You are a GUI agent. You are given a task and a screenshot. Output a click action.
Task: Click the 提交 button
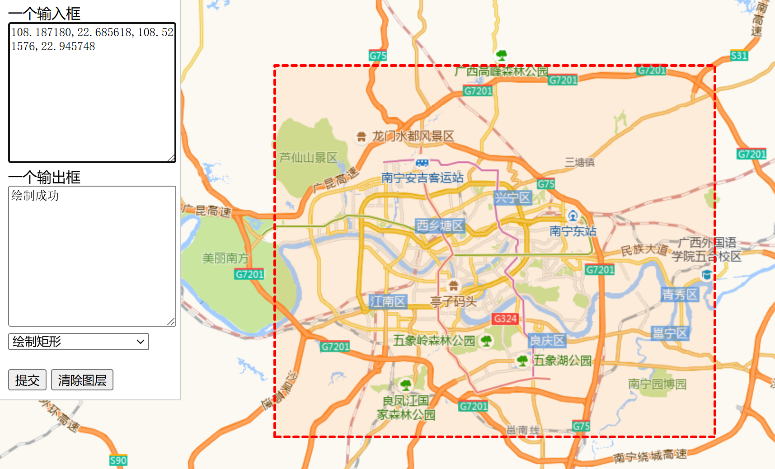tap(27, 380)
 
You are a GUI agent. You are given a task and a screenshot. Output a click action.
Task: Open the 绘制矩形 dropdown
tap(79, 342)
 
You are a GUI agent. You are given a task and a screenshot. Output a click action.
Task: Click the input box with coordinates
tap(92, 93)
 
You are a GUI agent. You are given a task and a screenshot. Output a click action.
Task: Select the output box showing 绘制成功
tap(92, 256)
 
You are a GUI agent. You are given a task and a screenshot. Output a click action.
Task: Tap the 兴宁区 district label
tap(512, 197)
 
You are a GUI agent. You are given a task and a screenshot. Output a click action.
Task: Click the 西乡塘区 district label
tap(440, 225)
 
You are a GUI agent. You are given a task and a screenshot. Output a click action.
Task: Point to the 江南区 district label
tap(388, 301)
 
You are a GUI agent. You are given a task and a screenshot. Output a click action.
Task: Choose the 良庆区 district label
tap(547, 340)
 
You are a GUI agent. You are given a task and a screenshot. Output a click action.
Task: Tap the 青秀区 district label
tap(680, 295)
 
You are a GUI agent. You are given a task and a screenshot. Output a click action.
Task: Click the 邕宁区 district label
tap(670, 333)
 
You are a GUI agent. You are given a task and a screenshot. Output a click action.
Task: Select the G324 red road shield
tap(505, 319)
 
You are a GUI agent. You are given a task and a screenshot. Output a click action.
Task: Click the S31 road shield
tap(739, 56)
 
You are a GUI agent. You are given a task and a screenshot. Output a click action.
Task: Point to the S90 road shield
tap(118, 460)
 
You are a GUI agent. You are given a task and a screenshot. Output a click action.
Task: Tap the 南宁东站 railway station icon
tap(573, 216)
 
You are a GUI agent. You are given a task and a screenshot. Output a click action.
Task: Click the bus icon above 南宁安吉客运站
tap(422, 163)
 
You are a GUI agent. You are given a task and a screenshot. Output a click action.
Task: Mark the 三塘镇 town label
tap(579, 162)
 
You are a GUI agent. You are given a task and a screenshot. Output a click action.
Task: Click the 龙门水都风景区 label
tap(413, 136)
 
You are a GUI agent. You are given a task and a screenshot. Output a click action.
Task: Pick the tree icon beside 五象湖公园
tap(522, 361)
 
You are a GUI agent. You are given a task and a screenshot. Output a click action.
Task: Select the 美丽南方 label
tap(225, 258)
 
